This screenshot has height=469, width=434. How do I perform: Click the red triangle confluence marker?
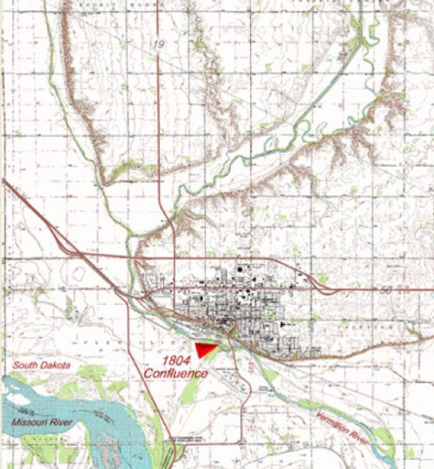pyautogui.click(x=204, y=348)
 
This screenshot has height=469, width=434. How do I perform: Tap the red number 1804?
pyautogui.click(x=176, y=360)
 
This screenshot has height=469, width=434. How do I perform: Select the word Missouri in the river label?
pyautogui.click(x=31, y=422)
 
